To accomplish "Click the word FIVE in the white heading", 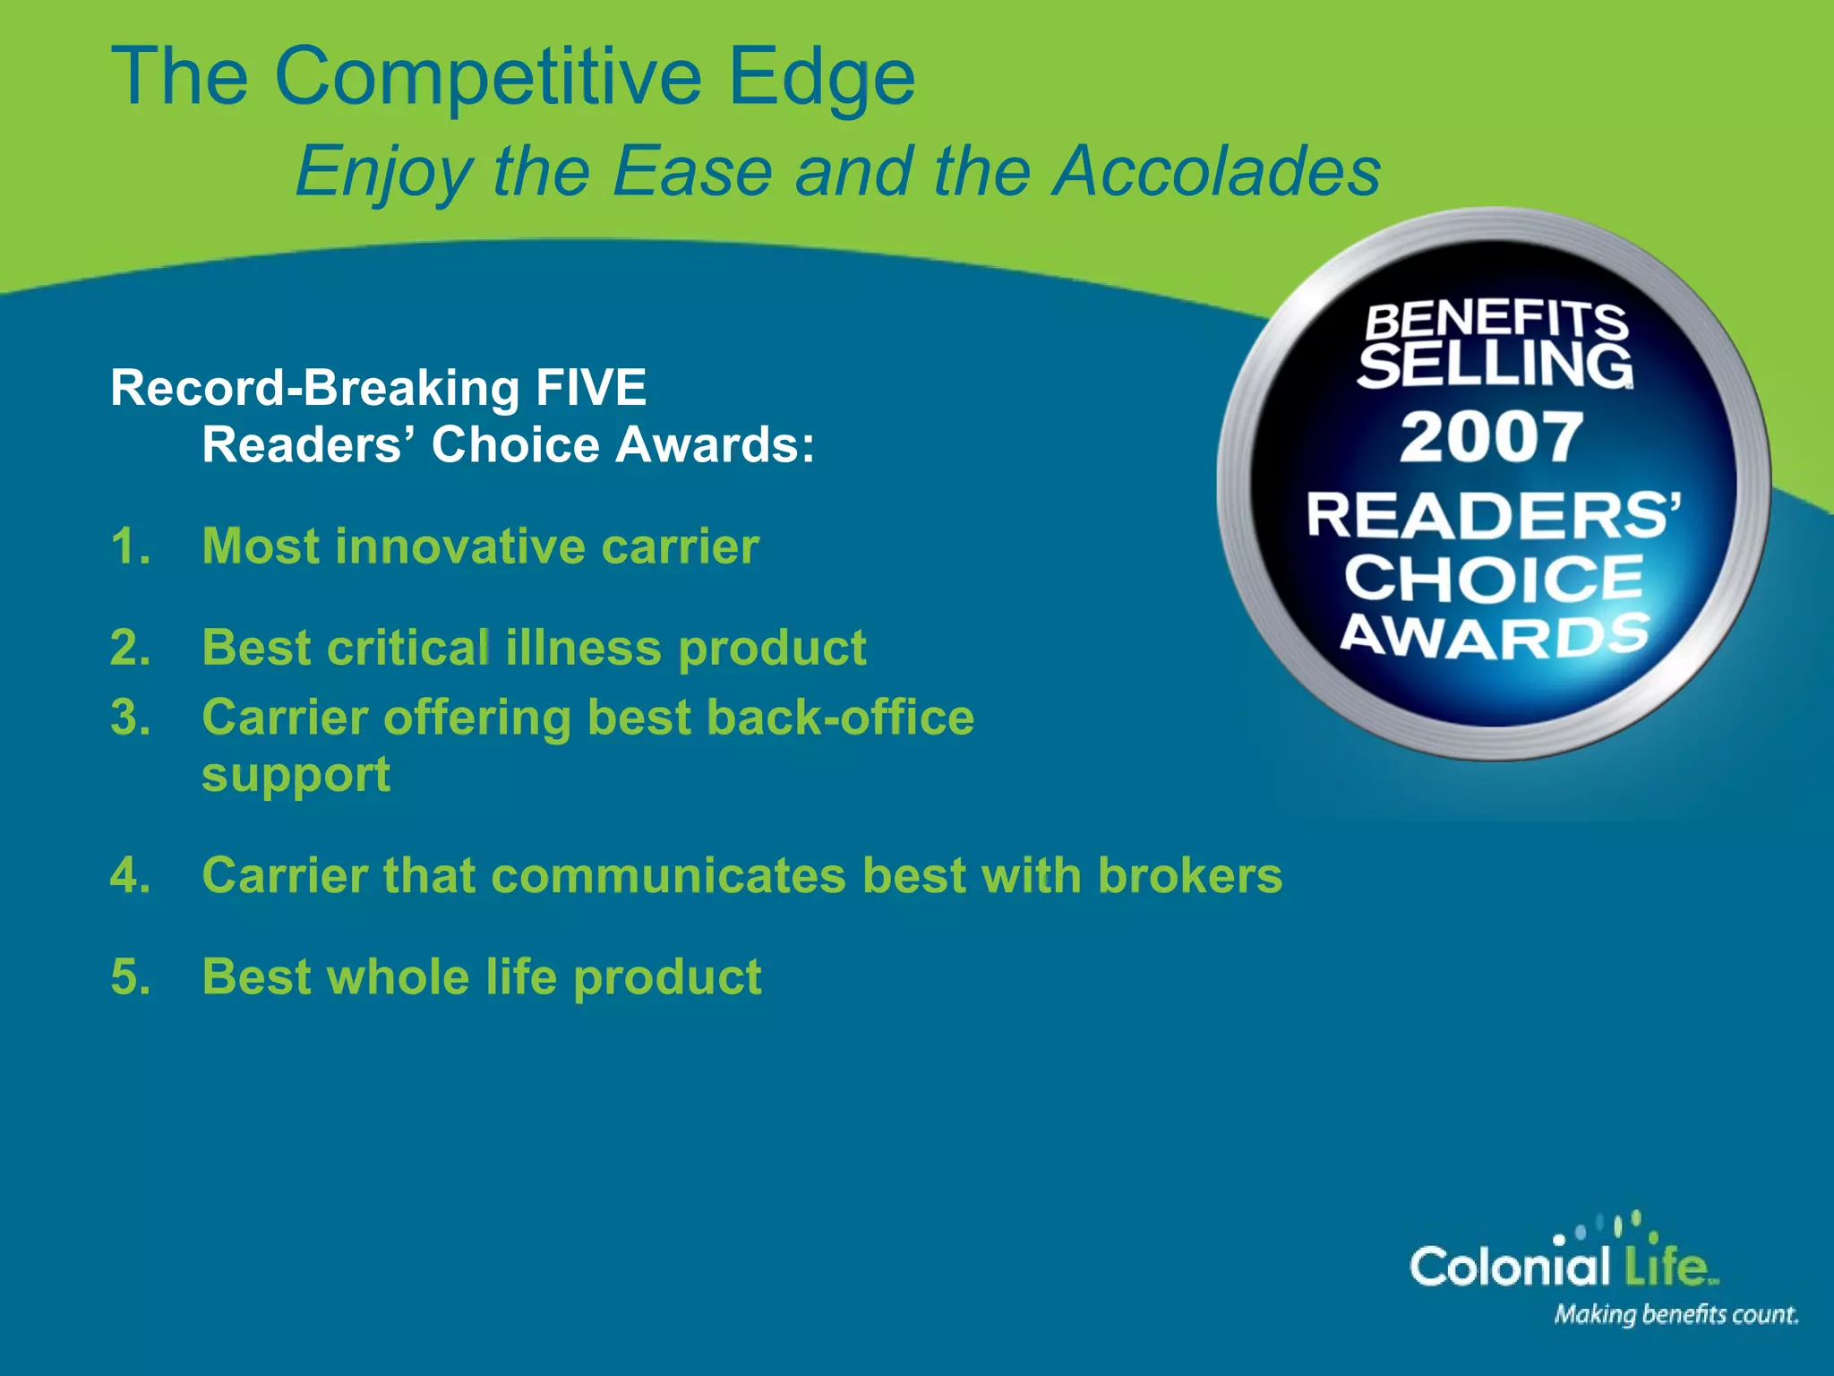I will pos(591,388).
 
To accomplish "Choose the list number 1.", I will pos(129,546).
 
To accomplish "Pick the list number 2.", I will pos(129,648).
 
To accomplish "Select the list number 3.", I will pos(129,718).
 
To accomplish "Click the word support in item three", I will pos(296,775).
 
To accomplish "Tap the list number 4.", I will pos(129,875).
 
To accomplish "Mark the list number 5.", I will pos(129,976).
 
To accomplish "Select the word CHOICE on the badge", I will pos(1494,578).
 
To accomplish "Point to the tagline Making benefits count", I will pos(1675,1315).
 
